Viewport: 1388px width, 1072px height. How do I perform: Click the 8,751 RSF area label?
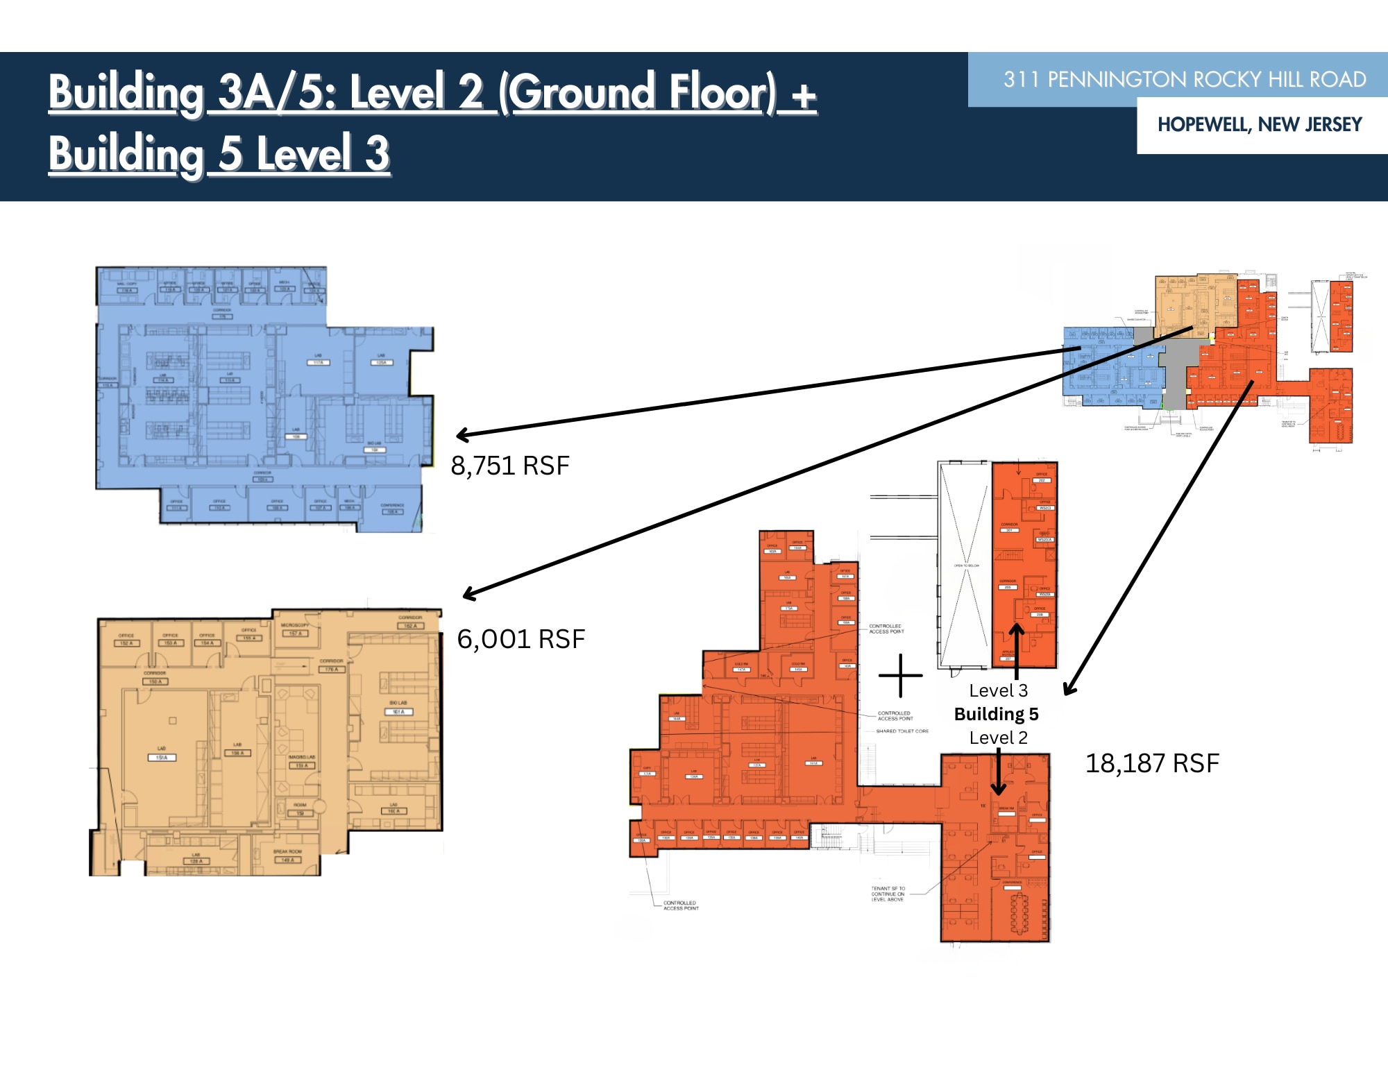[510, 466]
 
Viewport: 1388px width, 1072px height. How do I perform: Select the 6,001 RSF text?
[520, 639]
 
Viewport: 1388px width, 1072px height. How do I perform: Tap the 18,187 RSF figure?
[1151, 763]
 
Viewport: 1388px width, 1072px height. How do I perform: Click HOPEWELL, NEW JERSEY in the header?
[1260, 125]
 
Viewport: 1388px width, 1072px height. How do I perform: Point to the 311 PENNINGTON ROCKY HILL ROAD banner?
[1184, 80]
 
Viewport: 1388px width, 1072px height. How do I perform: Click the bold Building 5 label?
[996, 714]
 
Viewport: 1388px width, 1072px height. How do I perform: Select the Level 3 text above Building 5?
[998, 690]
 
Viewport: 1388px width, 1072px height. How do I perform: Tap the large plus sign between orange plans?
[900, 675]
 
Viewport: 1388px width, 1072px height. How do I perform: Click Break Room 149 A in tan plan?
[287, 856]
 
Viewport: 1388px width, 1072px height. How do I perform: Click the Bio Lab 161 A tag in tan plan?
[398, 708]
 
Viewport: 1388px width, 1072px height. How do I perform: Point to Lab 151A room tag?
[162, 754]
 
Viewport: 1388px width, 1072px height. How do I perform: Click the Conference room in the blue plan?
[392, 509]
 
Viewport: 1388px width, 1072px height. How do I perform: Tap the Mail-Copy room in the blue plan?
[126, 287]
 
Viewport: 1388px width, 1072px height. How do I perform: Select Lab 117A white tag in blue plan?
[319, 360]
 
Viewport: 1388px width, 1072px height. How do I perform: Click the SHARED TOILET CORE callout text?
[902, 731]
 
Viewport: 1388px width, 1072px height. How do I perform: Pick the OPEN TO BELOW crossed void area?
[965, 565]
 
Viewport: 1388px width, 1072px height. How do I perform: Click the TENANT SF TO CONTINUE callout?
[888, 894]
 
